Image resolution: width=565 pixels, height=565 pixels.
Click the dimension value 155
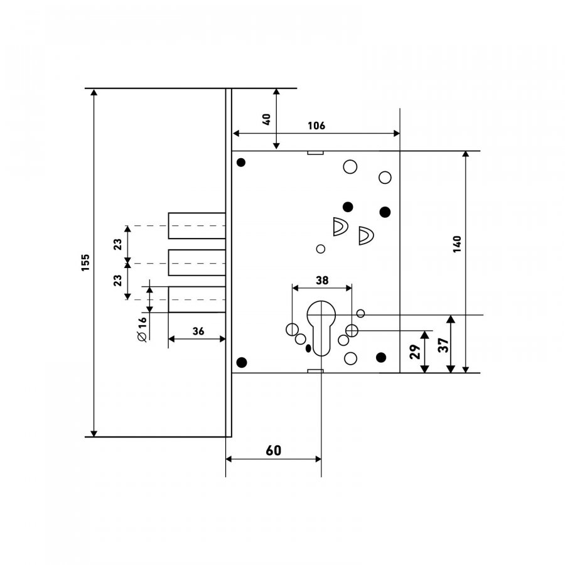click(85, 262)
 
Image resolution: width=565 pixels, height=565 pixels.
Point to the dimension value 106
click(316, 126)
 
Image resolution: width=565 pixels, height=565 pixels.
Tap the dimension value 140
click(457, 244)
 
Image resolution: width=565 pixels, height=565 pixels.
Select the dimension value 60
click(274, 450)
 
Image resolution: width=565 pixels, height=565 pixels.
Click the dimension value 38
click(322, 281)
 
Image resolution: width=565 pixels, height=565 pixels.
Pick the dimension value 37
click(443, 345)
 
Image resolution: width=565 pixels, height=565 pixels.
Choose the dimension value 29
click(415, 352)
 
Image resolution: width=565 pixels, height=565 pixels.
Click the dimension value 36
click(198, 331)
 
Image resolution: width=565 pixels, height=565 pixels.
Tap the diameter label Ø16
click(143, 329)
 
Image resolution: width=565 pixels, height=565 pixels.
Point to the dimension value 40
click(267, 119)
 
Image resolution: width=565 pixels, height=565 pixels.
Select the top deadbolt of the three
click(196, 225)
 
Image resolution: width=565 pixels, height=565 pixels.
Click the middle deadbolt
click(196, 262)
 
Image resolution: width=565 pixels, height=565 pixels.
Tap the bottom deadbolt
click(196, 299)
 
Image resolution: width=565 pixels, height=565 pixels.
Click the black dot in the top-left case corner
click(241, 163)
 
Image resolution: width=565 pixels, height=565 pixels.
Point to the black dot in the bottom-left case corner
click(242, 362)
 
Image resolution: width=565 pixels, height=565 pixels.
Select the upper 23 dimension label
click(118, 244)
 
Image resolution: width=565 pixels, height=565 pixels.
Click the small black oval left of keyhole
click(308, 348)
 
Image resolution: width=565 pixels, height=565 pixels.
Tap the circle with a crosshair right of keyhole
click(352, 330)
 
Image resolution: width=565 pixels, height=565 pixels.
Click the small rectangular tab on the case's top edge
click(315, 153)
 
